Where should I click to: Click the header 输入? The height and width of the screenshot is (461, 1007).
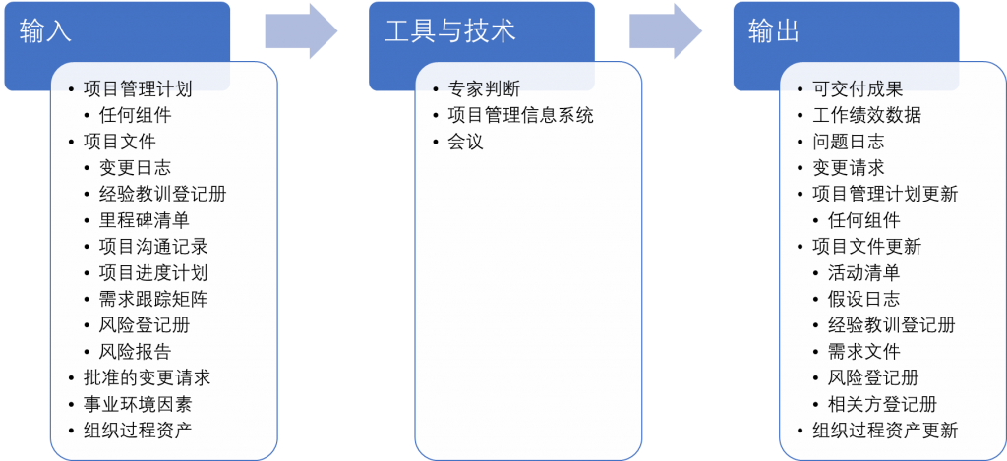(x=45, y=31)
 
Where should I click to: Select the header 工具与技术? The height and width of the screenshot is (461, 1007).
(x=449, y=31)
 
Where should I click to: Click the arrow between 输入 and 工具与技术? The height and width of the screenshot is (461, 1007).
(x=300, y=31)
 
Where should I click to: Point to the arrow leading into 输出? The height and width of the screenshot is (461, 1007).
(x=665, y=31)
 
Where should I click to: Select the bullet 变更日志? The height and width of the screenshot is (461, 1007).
(x=135, y=168)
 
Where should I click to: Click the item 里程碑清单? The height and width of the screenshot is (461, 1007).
(x=144, y=220)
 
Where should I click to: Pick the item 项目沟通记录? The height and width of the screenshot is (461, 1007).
(x=153, y=247)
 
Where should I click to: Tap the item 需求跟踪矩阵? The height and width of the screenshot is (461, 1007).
(x=153, y=299)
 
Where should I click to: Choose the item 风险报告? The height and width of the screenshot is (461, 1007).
(x=135, y=352)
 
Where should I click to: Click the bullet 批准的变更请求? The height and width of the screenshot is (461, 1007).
(x=147, y=377)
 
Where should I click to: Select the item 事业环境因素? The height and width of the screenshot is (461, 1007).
(x=138, y=404)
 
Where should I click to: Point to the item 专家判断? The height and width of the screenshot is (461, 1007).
(x=484, y=88)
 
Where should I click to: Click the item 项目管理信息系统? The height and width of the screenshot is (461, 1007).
(x=520, y=115)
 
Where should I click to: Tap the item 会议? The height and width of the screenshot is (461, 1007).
(x=465, y=142)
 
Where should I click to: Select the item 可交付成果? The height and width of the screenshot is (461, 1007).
(x=858, y=88)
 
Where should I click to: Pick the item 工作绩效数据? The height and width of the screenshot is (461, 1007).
(x=867, y=115)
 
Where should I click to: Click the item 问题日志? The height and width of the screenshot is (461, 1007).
(x=849, y=142)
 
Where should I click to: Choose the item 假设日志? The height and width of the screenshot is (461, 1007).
(x=863, y=299)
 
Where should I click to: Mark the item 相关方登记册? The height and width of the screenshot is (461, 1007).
(x=882, y=404)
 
